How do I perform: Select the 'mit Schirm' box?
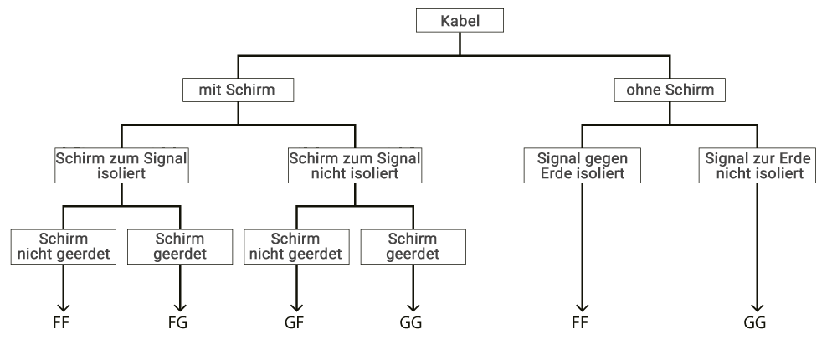tap(238, 89)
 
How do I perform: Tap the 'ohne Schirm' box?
tap(670, 89)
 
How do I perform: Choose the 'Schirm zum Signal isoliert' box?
tap(121, 166)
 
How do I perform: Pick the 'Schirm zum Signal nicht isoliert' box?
tap(355, 166)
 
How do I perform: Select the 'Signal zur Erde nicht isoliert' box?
tap(756, 166)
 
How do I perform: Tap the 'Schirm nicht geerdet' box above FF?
tap(64, 246)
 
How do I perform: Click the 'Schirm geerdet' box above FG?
tap(179, 246)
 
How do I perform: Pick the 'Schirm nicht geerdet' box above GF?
tap(296, 246)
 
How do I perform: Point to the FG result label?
tap(178, 322)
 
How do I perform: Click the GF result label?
tap(295, 322)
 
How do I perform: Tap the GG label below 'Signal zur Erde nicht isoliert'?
tap(755, 322)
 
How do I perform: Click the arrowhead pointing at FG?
tap(179, 308)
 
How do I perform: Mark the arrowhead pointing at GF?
tap(296, 308)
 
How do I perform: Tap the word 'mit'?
tap(210, 89)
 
